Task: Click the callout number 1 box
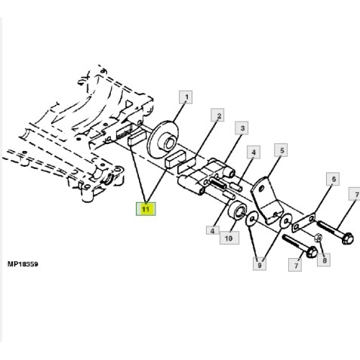coord(186,97)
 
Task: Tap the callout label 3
coord(242,128)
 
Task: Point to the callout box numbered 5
coord(281,150)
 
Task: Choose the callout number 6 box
coord(333,179)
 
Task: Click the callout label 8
coord(324,260)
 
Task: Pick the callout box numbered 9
coord(260,263)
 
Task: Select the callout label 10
coord(229,238)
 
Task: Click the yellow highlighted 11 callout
coord(146,209)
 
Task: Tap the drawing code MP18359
coord(23,264)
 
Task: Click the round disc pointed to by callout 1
coord(164,139)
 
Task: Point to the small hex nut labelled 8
coord(318,238)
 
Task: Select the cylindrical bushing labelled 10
coord(238,211)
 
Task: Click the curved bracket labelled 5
coord(264,198)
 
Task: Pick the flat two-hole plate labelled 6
coord(304,223)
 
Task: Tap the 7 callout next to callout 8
coord(295,265)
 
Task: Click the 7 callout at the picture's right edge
coord(355,194)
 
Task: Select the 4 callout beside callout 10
coord(213,230)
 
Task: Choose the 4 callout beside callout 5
coord(254,152)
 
